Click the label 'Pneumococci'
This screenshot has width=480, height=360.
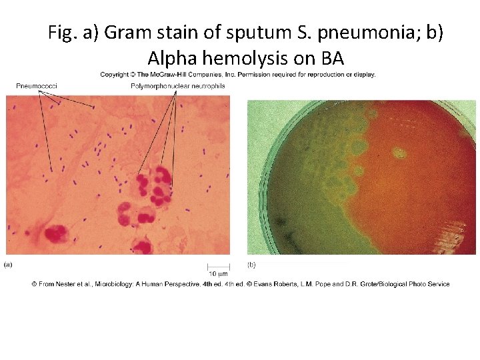click(x=36, y=86)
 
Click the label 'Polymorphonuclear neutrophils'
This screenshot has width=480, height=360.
click(x=177, y=86)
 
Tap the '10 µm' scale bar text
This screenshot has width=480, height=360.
click(x=218, y=273)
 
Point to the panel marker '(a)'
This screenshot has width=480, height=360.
click(x=9, y=265)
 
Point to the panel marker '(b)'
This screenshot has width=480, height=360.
click(x=251, y=265)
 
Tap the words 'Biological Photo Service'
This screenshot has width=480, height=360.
click(x=418, y=284)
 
